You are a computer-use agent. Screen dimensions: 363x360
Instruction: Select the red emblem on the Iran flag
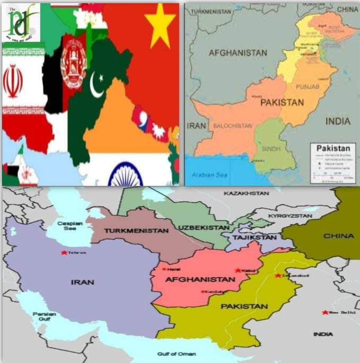(x=12, y=81)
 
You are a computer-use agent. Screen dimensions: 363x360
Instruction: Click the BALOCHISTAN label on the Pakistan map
(x=232, y=126)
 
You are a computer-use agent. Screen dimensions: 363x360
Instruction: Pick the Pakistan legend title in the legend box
(x=333, y=148)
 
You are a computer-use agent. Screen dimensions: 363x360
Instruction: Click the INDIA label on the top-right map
(x=338, y=121)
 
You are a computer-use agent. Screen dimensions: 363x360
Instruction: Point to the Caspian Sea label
(x=70, y=226)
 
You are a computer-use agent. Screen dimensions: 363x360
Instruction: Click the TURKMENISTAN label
(x=136, y=231)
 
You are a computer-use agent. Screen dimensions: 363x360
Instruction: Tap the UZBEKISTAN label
(x=204, y=227)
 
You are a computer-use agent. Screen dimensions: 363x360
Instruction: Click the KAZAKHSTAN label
(x=247, y=193)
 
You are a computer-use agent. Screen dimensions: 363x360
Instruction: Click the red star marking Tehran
(x=64, y=252)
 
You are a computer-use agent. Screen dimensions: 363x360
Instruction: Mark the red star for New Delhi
(x=324, y=312)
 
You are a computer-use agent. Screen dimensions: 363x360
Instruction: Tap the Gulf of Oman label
(x=176, y=354)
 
